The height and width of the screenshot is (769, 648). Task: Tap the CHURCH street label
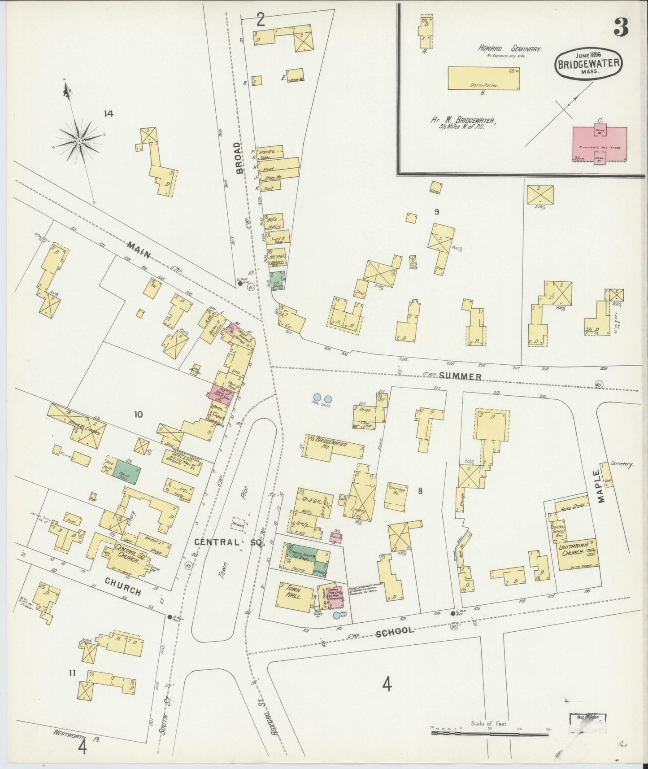point(122,586)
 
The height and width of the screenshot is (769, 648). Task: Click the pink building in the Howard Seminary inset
point(600,144)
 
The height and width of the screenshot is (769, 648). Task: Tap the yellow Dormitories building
point(483,79)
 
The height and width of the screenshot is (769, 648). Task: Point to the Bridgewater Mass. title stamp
point(589,64)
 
